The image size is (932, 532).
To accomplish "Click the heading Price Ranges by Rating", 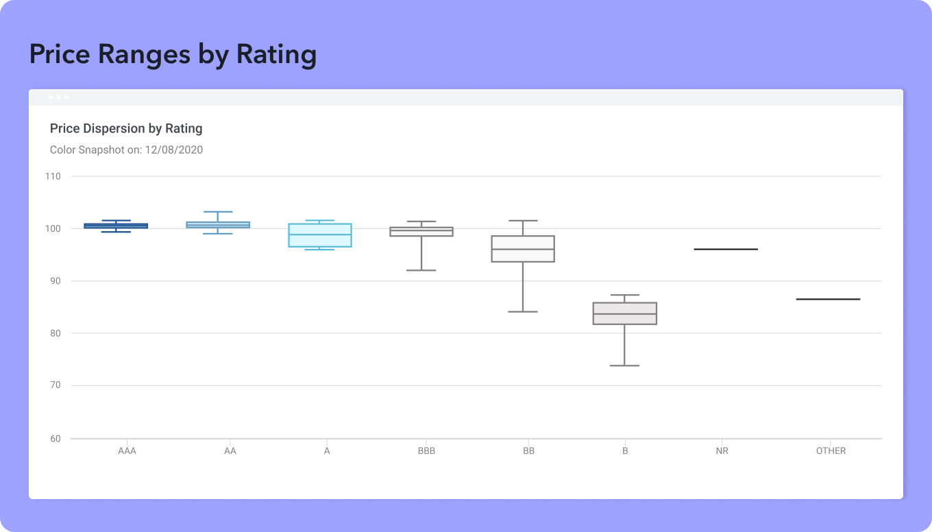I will pyautogui.click(x=173, y=54).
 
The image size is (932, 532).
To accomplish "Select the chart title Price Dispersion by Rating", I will pyautogui.click(x=126, y=128).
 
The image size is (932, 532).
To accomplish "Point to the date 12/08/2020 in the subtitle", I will pyautogui.click(x=173, y=149).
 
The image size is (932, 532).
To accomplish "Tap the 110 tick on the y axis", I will pyautogui.click(x=53, y=176).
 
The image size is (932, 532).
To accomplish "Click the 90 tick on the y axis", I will pyautogui.click(x=55, y=281).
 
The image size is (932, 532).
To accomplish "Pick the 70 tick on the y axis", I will pyautogui.click(x=55, y=385).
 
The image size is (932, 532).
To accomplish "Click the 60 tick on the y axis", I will pyautogui.click(x=55, y=439).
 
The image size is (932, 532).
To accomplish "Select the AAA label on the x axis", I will pyautogui.click(x=127, y=451).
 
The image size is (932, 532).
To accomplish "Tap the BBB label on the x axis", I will pyautogui.click(x=426, y=451).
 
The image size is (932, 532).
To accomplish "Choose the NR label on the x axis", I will pyautogui.click(x=721, y=451).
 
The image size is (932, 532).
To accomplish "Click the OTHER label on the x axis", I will pyautogui.click(x=831, y=451).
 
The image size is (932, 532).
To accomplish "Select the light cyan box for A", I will pyautogui.click(x=320, y=235).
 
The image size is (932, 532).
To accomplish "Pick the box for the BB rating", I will pyautogui.click(x=523, y=249).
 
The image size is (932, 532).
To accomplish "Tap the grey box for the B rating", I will pyautogui.click(x=625, y=313).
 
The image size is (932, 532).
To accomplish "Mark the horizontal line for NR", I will pyautogui.click(x=726, y=249).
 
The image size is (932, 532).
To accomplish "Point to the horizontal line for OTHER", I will pyautogui.click(x=828, y=299).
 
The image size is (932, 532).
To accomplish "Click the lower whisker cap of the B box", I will pyautogui.click(x=624, y=365).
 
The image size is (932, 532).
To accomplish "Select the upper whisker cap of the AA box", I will pyautogui.click(x=218, y=212).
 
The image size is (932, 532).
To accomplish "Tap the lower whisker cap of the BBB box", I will pyautogui.click(x=421, y=270).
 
